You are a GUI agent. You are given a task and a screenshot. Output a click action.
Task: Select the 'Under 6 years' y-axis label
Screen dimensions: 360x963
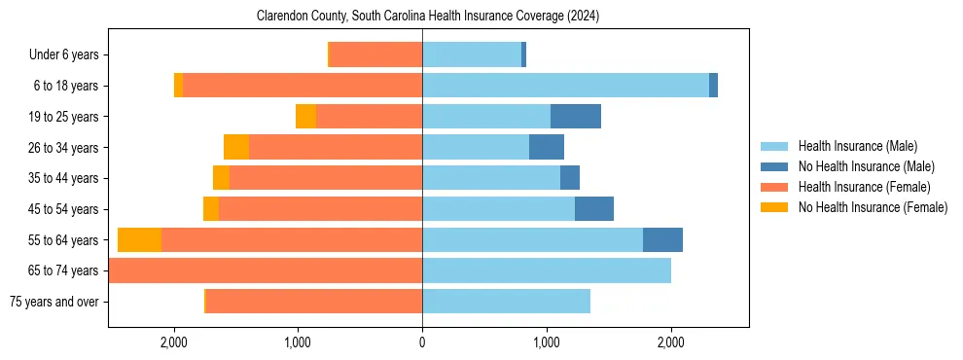pos(70,54)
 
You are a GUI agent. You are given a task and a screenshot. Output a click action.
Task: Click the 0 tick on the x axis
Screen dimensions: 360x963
pos(422,342)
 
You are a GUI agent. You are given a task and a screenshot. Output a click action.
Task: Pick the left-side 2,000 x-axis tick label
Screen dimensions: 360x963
pos(173,342)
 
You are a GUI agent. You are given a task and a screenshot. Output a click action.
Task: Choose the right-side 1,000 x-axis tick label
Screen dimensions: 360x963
pos(547,342)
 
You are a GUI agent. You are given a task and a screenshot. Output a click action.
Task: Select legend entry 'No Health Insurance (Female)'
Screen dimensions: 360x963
pos(873,207)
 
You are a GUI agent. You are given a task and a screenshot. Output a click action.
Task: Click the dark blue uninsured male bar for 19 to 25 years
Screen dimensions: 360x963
pos(576,117)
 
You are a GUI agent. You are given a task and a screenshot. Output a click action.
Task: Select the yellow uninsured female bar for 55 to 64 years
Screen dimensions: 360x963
pos(139,240)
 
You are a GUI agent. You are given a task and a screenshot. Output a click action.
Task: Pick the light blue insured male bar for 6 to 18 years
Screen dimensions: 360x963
pos(565,86)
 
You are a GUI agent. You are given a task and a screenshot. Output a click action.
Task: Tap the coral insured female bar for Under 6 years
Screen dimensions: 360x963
pos(375,54)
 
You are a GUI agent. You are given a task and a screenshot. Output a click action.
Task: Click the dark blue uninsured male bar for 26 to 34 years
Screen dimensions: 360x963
pos(547,147)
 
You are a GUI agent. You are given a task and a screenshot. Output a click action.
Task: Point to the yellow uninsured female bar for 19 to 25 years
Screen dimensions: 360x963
pos(305,117)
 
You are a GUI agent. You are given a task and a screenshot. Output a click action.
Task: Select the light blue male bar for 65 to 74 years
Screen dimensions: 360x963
pos(547,270)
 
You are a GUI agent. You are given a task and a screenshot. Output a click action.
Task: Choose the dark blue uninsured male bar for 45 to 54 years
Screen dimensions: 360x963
pos(594,209)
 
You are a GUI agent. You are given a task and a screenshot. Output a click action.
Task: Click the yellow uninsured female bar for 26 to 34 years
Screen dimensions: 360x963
pos(236,147)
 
